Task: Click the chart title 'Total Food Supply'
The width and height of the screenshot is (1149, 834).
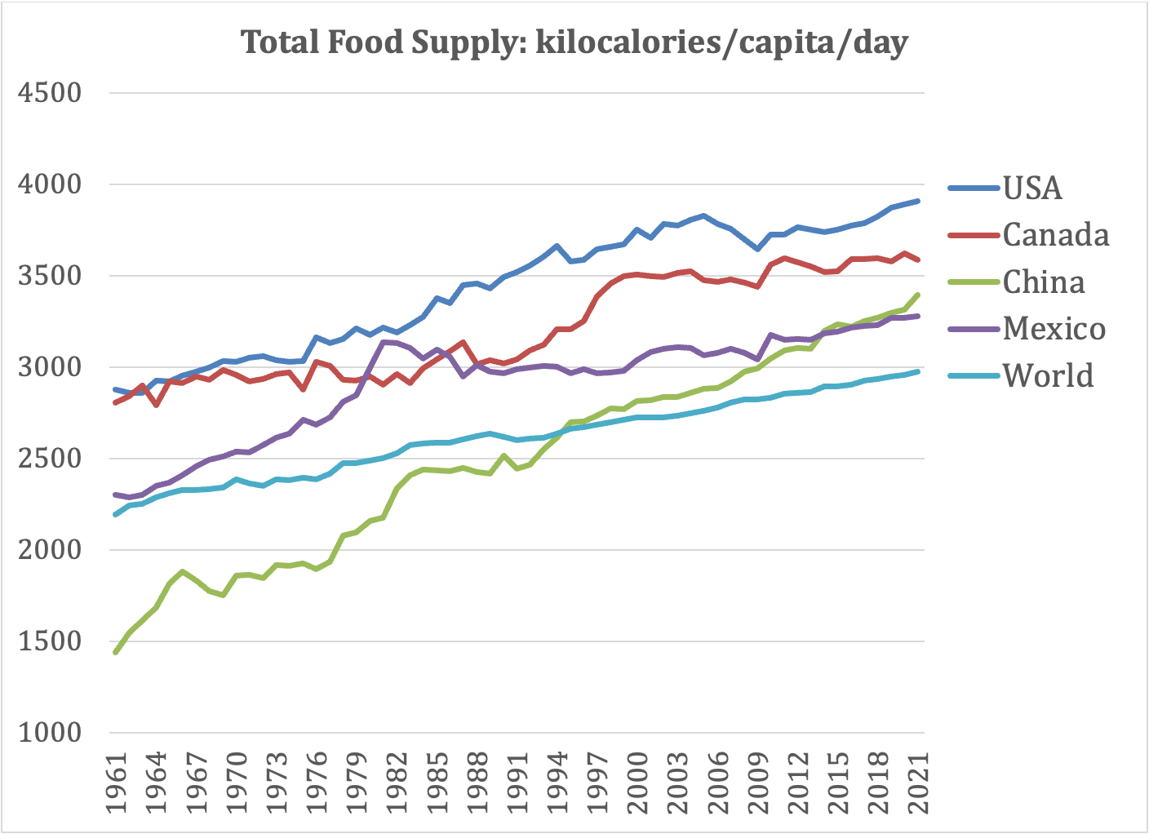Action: pos(384,42)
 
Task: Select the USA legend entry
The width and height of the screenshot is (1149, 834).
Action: pos(1032,189)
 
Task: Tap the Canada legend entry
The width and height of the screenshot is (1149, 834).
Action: pos(1055,235)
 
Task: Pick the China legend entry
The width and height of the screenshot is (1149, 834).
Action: pos(1044,282)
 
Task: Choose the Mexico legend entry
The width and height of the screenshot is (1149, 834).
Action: pos(1054,329)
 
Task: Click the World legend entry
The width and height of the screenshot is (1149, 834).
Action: pos(1048,375)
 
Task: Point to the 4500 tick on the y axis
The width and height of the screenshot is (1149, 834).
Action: pos(50,93)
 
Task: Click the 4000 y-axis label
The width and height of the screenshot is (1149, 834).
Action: pos(50,184)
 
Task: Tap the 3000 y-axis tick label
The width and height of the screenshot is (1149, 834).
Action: pos(50,367)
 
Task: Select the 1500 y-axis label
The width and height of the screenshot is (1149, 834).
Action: pos(50,641)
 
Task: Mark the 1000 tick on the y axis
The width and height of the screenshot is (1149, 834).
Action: pos(50,733)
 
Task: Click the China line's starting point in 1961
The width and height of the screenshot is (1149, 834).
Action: pos(116,652)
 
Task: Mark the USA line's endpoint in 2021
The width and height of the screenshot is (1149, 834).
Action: pos(919,201)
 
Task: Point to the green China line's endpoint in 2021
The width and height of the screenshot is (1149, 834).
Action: pos(919,295)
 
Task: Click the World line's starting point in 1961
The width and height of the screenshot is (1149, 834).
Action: pos(116,514)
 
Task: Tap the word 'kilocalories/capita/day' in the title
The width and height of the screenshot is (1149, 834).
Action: pos(721,42)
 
